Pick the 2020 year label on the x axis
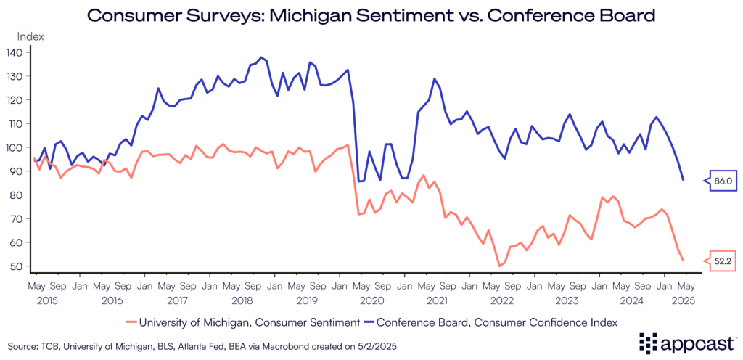point(371,299)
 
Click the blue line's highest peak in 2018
point(262,57)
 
